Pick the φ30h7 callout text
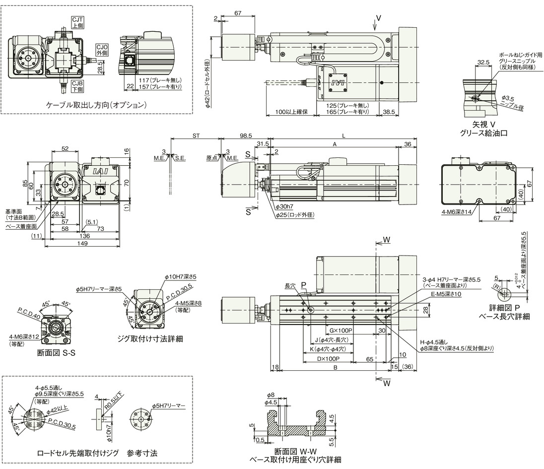(285, 207)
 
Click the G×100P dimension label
(340, 330)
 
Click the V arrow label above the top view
(378, 18)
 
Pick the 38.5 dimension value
(389, 113)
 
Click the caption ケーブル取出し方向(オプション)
(97, 105)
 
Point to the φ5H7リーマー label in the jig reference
(169, 405)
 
